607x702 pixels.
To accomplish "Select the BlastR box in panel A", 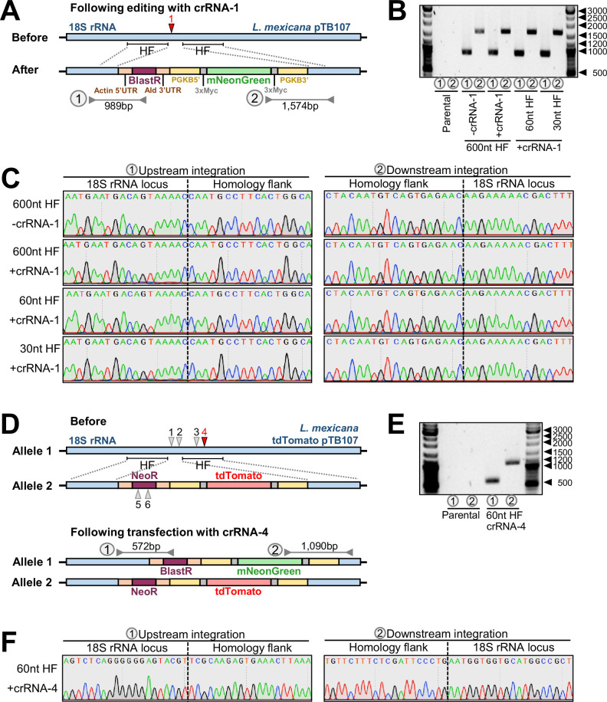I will (x=141, y=79).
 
